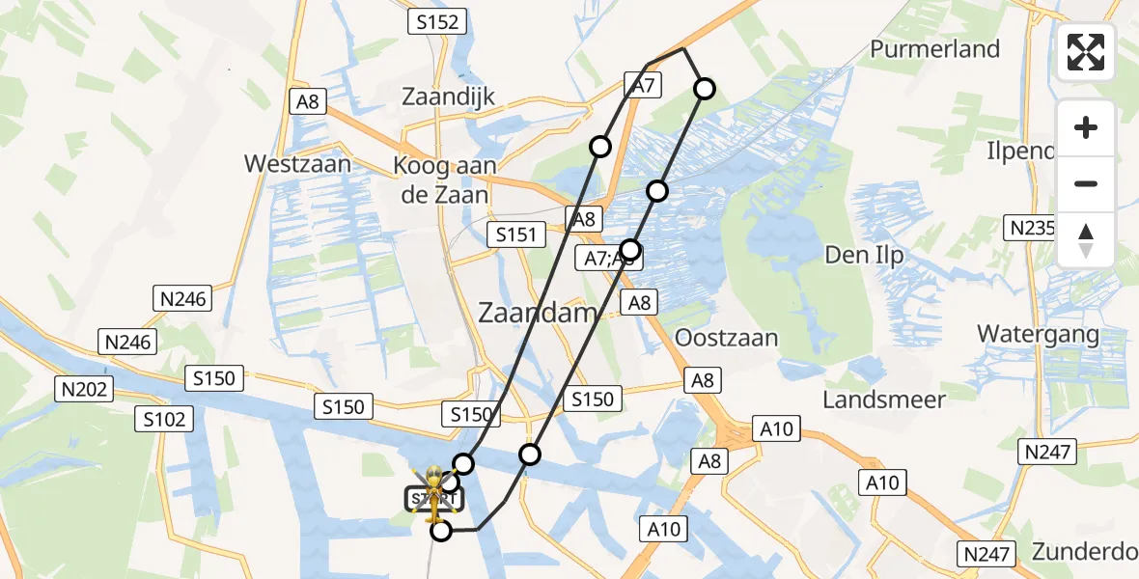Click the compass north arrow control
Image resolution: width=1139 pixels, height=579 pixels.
[1086, 240]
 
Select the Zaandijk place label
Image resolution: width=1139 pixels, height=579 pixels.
[448, 96]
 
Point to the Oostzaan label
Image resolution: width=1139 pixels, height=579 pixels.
[726, 338]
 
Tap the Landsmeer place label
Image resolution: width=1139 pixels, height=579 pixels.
[883, 399]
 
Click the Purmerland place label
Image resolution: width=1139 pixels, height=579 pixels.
[934, 48]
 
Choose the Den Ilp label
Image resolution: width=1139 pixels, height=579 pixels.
[864, 255]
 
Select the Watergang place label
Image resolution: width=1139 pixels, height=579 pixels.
[1038, 334]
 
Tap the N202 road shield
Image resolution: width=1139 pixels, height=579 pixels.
[85, 390]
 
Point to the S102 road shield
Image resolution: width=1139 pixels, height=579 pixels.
[167, 419]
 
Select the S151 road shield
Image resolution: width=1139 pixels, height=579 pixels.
[516, 234]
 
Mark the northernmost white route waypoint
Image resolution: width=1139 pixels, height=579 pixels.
[705, 90]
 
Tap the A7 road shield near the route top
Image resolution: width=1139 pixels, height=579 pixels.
[644, 85]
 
